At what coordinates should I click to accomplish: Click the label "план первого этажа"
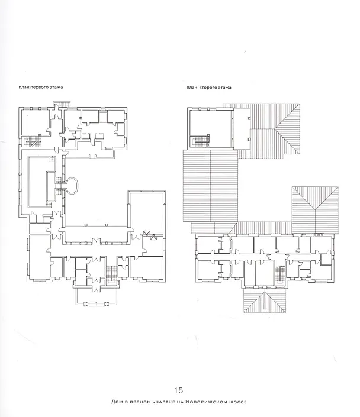[41, 87]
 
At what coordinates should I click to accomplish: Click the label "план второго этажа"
[209, 87]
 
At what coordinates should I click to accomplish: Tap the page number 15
[179, 390]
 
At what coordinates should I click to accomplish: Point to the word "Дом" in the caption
[117, 402]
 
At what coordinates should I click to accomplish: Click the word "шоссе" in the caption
[238, 402]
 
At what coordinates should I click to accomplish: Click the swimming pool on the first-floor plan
[41, 182]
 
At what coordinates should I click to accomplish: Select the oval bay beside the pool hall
[72, 185]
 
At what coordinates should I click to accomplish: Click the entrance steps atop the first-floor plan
[62, 104]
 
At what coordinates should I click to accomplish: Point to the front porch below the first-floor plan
[97, 296]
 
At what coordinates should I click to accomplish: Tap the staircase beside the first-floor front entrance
[111, 275]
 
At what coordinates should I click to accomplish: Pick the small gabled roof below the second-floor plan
[265, 300]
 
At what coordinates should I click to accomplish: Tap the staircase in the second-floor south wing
[279, 274]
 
